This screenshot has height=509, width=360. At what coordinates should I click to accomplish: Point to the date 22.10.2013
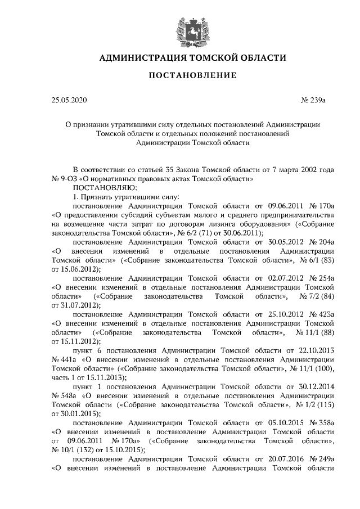pyautogui.click(x=317, y=350)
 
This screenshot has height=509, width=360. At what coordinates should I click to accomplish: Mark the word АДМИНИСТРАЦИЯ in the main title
pyautogui.click(x=142, y=57)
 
